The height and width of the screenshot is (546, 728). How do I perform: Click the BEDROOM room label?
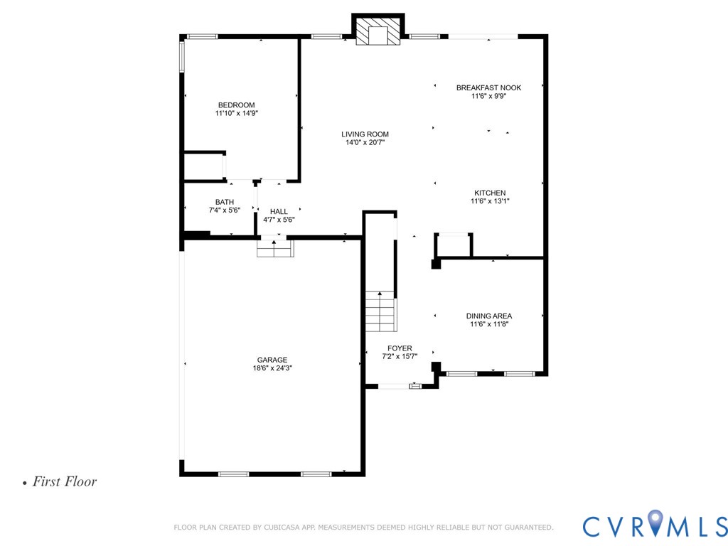click(x=236, y=105)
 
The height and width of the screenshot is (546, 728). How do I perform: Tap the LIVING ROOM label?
click(x=365, y=134)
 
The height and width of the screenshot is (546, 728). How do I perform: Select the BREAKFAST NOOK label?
click(x=488, y=87)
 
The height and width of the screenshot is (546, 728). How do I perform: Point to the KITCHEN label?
click(x=490, y=193)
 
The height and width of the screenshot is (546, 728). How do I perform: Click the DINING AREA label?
click(x=488, y=316)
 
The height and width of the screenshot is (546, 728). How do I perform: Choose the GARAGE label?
click(x=272, y=360)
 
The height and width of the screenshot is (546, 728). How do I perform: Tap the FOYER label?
click(x=400, y=348)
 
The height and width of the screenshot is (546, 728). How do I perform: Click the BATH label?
click(x=225, y=202)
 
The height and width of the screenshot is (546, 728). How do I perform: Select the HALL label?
click(x=279, y=211)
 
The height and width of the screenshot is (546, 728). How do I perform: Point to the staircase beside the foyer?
click(x=380, y=311)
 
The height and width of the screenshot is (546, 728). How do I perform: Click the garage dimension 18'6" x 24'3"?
click(x=272, y=368)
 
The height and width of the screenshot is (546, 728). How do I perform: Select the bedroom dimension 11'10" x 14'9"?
click(x=236, y=113)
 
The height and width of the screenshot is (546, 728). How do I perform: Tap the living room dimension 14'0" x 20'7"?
click(x=365, y=142)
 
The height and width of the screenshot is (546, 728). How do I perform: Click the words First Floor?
click(x=64, y=482)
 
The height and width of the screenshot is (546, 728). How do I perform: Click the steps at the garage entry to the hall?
click(x=274, y=249)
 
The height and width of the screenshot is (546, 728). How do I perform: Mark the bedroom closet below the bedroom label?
click(x=204, y=166)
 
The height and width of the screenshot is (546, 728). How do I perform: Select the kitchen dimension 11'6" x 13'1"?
click(x=490, y=201)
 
